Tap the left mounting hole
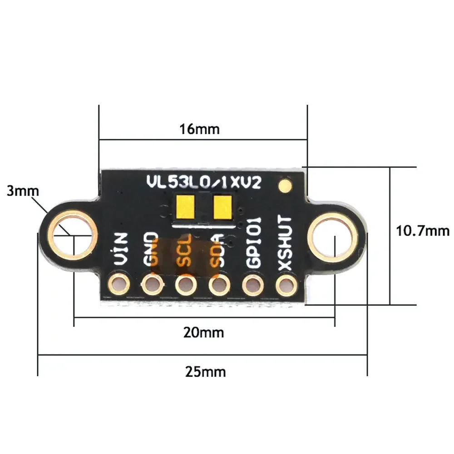74,235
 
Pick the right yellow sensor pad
223,207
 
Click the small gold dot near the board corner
285,185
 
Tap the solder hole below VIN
119,285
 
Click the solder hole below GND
152,286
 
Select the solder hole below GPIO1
252,286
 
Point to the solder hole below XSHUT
285,286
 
